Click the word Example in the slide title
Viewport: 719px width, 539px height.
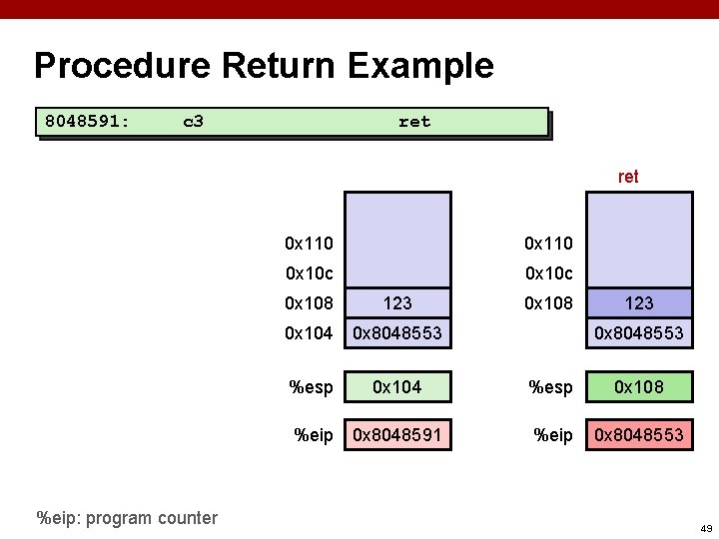click(x=420, y=66)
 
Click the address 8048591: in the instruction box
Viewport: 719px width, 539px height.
click(x=87, y=122)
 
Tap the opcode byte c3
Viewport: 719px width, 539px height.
click(x=194, y=122)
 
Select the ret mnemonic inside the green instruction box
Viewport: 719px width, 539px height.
click(x=414, y=122)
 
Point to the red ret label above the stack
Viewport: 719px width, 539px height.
click(x=628, y=177)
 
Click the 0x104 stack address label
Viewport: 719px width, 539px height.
click(x=309, y=333)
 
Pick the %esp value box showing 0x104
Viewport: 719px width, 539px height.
click(x=397, y=386)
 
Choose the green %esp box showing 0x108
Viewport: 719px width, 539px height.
click(x=639, y=386)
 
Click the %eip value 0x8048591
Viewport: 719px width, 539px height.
click(x=397, y=434)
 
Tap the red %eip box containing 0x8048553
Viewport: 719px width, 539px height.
click(x=639, y=434)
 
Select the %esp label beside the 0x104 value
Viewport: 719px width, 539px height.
click(x=311, y=386)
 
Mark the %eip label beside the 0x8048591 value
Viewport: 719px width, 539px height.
click(x=314, y=434)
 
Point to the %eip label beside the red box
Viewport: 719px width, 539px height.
click(x=553, y=434)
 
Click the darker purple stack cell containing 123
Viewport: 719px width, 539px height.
click(x=639, y=302)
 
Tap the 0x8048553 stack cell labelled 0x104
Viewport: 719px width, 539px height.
click(x=397, y=333)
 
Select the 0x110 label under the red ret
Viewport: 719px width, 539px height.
click(x=549, y=243)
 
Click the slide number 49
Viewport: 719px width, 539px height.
click(x=706, y=528)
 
